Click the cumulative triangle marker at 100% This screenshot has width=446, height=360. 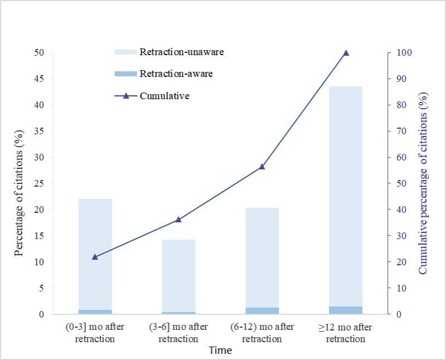346,53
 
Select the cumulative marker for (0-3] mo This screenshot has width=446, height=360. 95,257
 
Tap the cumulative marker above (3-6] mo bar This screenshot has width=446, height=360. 178,220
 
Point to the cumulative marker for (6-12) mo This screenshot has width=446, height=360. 262,167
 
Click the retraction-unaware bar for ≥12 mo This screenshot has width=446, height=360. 346,195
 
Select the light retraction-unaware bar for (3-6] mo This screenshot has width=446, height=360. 178,276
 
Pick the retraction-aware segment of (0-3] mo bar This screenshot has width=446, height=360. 95,312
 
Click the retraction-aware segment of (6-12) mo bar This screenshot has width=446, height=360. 262,310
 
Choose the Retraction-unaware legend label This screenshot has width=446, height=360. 182,52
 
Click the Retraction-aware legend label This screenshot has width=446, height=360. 176,74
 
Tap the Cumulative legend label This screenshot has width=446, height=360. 164,96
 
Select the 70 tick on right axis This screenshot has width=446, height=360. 401,131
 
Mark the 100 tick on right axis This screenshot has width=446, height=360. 404,53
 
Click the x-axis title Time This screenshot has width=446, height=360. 220,351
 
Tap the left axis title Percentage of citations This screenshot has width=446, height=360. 20,193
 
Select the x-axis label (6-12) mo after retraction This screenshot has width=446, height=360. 262,333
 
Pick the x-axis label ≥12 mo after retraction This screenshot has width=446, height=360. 346,333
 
